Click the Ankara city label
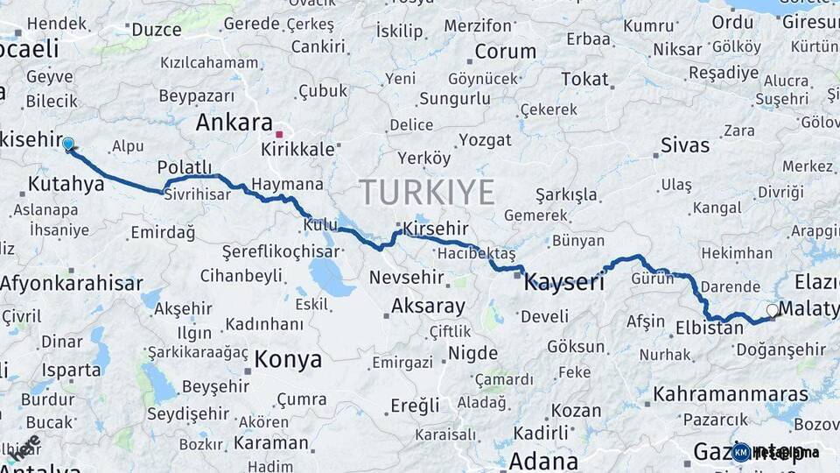point(234,122)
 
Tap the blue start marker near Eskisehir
point(68,144)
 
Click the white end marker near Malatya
point(772,310)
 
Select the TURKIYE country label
point(427,191)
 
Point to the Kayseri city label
point(564,282)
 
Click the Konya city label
point(288,359)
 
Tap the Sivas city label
point(685,145)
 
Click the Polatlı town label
point(185,167)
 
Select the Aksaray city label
point(428,306)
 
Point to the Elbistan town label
point(710,330)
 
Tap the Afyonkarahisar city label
point(72,283)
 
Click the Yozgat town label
point(485,140)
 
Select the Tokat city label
point(584,79)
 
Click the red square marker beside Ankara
point(279,134)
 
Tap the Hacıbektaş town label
point(477,253)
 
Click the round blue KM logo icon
point(740,452)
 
